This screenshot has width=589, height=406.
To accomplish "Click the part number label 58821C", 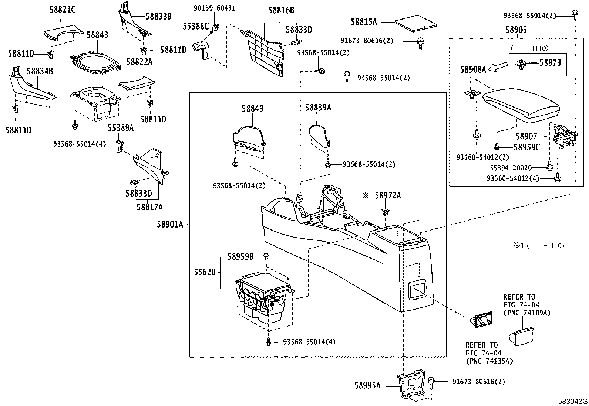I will [x=62, y=10].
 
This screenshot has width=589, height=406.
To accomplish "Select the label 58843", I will [x=97, y=35].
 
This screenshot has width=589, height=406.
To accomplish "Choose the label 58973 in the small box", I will [x=550, y=63].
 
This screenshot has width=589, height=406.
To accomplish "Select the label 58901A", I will [x=170, y=225].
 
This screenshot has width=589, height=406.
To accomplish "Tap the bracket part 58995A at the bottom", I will [x=413, y=384].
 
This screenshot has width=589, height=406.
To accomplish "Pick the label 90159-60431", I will [x=215, y=8].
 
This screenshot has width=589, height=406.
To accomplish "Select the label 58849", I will [x=253, y=109].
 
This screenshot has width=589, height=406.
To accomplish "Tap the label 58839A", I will [x=318, y=108].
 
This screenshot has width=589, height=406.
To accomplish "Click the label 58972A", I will [x=388, y=195].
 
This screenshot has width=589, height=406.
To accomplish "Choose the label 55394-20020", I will [x=511, y=168].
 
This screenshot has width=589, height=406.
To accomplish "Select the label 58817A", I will [x=149, y=207].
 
